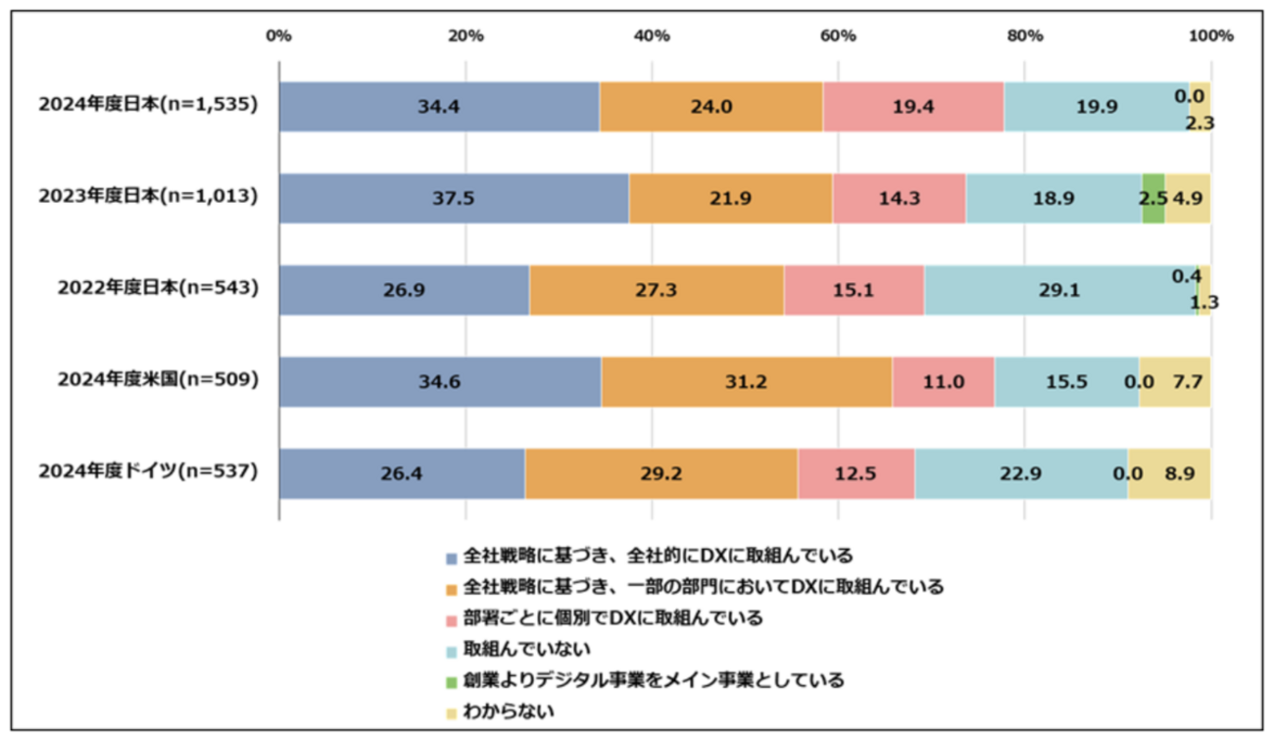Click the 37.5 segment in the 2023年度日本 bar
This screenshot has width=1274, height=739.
tap(454, 198)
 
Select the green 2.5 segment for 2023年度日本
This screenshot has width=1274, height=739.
tap(1153, 198)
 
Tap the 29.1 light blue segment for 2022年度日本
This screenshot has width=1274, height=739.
tap(1060, 290)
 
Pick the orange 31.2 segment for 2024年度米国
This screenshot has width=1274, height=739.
tap(747, 382)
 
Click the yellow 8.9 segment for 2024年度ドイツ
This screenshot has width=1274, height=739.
tap(1169, 474)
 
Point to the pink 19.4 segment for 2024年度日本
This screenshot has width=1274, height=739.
tap(913, 106)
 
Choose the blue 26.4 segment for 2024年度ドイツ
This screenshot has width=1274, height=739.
tap(402, 474)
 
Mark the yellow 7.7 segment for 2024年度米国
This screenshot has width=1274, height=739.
tap(1174, 382)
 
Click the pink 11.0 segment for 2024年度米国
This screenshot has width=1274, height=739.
tap(944, 382)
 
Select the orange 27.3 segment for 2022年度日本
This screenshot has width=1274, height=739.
tap(657, 290)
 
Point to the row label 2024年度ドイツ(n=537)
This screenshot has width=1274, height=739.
tap(148, 472)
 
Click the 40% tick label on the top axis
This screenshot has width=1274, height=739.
tap(652, 36)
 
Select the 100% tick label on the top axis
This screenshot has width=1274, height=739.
tap(1210, 36)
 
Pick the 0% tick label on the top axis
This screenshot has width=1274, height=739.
tap(279, 36)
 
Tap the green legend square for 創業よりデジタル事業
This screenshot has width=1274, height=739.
tap(452, 680)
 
